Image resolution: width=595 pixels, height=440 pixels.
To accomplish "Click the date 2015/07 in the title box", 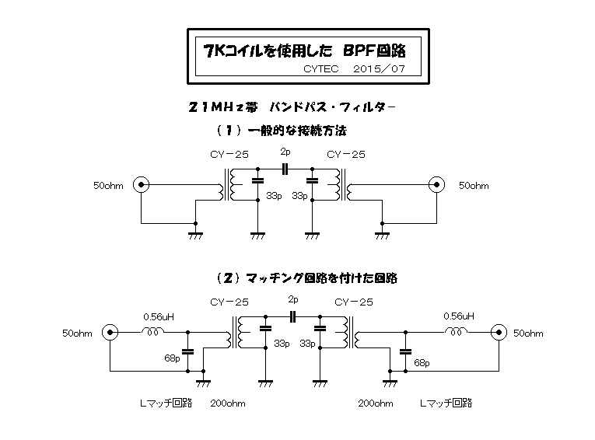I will [375, 69].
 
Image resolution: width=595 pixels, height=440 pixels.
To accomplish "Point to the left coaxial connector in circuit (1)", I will [141, 185].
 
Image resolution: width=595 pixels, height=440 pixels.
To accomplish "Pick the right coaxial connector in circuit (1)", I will [436, 185].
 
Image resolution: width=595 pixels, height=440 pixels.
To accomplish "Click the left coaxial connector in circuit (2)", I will [110, 333].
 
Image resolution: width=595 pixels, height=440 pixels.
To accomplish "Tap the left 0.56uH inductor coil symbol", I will [152, 331].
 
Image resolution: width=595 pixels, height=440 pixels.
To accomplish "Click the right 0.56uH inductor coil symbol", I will [456, 331].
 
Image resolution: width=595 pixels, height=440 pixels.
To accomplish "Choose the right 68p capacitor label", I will [422, 362].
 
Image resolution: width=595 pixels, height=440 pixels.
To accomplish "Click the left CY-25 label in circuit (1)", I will [229, 154].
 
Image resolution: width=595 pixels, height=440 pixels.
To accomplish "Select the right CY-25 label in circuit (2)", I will [353, 302].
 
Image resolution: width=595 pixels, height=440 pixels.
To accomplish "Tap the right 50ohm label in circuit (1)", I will [474, 186].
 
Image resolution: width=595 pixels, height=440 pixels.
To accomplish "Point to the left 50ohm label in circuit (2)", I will [77, 333].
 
